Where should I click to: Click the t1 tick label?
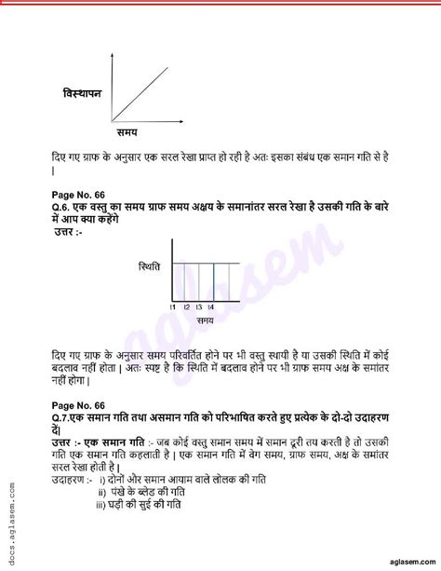pyautogui.click(x=173, y=306)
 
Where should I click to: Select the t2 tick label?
pyautogui.click(x=186, y=306)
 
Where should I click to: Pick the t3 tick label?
pyautogui.click(x=199, y=306)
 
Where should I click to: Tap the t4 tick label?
pyautogui.click(x=212, y=306)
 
